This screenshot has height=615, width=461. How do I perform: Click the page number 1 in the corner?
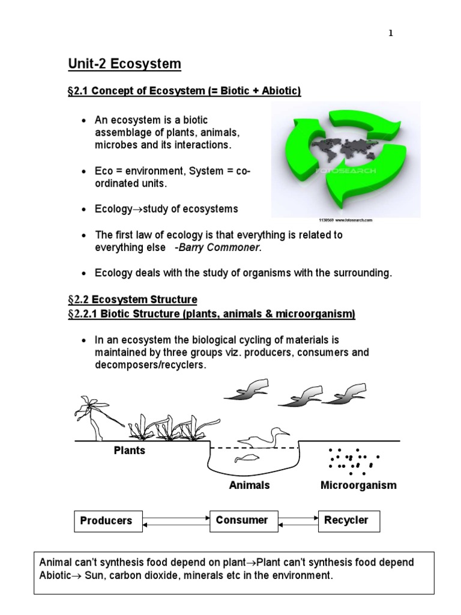coord(391,34)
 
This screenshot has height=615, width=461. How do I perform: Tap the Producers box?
coord(107,521)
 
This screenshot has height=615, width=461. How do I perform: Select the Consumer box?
coord(242,520)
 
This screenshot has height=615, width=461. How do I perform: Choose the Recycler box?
coord(346,520)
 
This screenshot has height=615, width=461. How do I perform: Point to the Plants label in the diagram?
coord(129,450)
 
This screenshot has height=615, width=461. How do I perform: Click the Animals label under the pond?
coord(249,485)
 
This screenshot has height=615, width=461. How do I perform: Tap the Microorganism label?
coord(358,485)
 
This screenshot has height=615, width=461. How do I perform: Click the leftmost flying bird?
coord(247,390)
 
